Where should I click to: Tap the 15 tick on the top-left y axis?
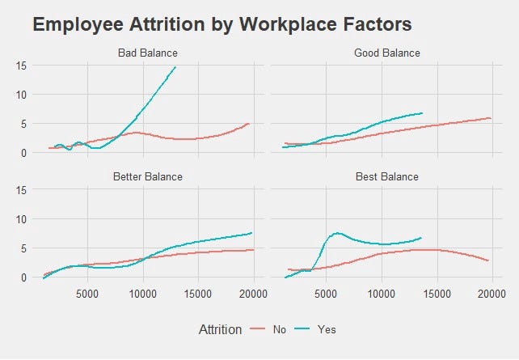tap(22, 66)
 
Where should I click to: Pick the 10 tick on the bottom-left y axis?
tap(22, 218)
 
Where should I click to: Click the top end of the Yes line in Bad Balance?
tap(175, 67)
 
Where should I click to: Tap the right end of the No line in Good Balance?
tap(491, 118)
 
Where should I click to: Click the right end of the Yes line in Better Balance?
tap(252, 233)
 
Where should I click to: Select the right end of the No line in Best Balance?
tap(488, 260)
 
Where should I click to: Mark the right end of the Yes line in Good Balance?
tap(422, 113)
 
